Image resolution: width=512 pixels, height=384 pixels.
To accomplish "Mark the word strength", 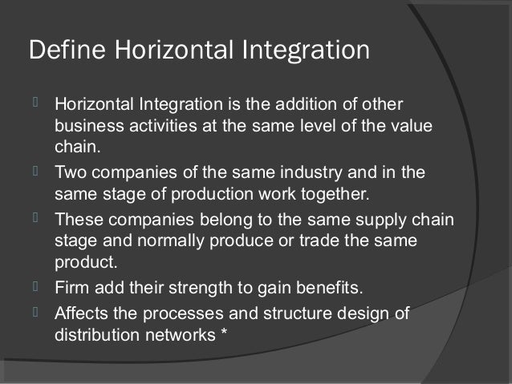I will point(215,286).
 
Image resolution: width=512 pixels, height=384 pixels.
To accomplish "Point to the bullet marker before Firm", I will point(36,285).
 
